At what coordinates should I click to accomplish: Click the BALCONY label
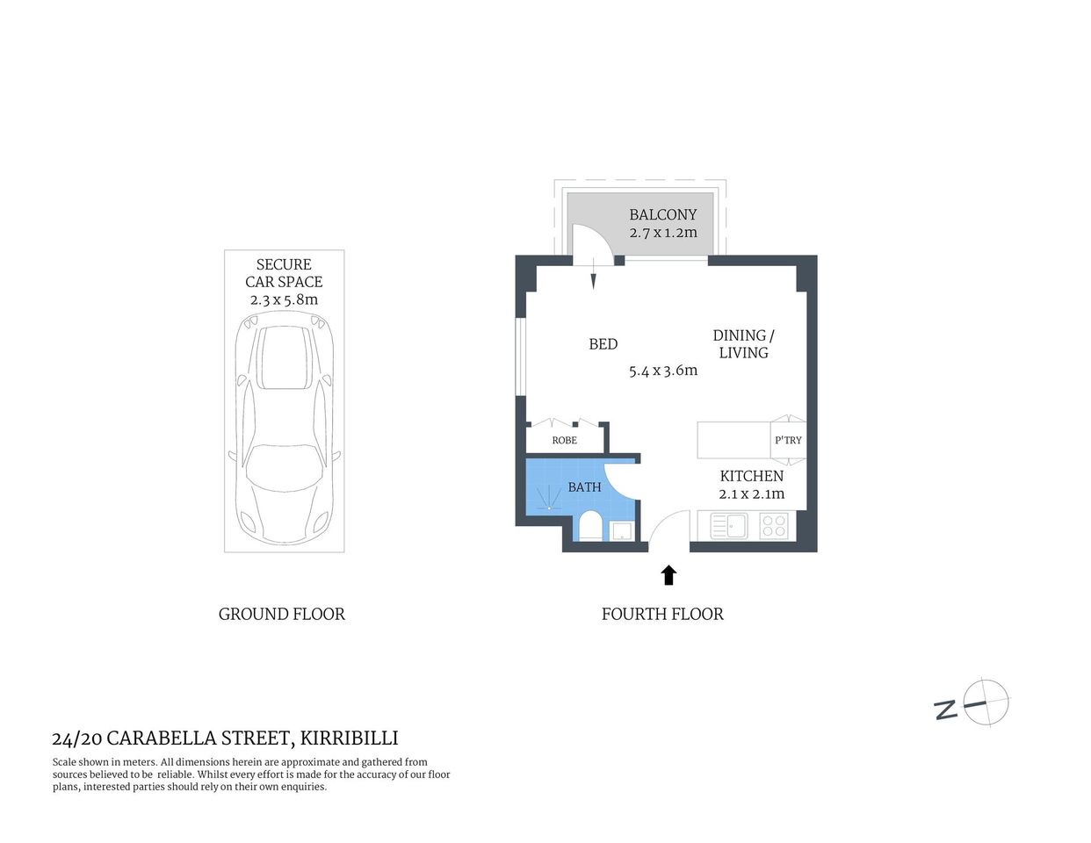point(662,214)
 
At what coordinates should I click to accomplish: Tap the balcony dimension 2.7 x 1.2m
point(662,233)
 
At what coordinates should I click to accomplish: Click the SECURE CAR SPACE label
point(284,273)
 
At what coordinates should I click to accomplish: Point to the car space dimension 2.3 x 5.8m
point(284,299)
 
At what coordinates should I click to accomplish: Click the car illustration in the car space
point(284,434)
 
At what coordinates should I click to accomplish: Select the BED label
point(603,344)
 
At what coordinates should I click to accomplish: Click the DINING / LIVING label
point(743,344)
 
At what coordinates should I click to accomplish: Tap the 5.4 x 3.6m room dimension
point(662,371)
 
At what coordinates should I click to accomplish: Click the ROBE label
point(564,440)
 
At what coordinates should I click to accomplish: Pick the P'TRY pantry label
point(788,440)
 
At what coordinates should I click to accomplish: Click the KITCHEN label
point(751,476)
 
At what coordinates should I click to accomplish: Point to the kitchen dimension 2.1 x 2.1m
point(751,494)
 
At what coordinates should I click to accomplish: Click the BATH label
point(584,486)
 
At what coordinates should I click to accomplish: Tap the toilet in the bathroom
point(590,527)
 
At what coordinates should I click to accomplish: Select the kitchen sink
point(728,526)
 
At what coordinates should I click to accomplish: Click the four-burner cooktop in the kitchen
point(774,526)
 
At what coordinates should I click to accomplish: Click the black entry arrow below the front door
point(668,575)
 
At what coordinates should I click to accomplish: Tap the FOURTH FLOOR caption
point(662,614)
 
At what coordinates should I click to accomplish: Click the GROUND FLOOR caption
point(281,614)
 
